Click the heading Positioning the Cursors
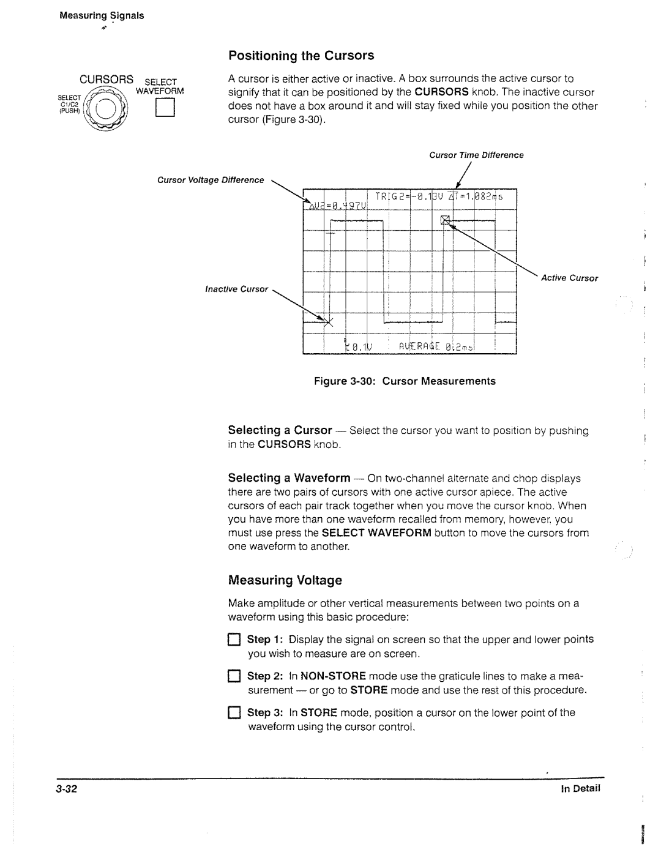click(x=301, y=56)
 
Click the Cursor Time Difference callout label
click(x=476, y=155)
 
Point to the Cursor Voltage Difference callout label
click(x=211, y=181)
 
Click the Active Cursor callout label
click(x=569, y=278)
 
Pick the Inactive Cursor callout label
click(x=236, y=289)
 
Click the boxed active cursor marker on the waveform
click(x=446, y=220)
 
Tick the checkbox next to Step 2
click(x=234, y=677)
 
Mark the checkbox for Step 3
click(x=234, y=714)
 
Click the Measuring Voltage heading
click(x=285, y=580)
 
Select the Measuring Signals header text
click(x=101, y=16)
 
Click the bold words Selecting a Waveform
click(x=289, y=478)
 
